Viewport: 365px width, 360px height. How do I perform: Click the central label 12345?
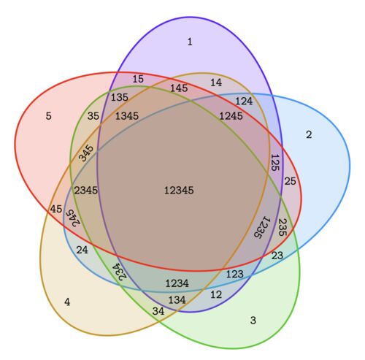(179, 190)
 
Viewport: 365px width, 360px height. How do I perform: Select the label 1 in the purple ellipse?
(190, 42)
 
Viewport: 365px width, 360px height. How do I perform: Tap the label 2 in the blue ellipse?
(309, 134)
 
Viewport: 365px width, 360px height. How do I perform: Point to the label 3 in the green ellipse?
(253, 320)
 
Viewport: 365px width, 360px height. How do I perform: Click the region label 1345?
(127, 116)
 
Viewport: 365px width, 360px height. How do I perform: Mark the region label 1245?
(231, 116)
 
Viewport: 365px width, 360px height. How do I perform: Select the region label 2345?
(86, 190)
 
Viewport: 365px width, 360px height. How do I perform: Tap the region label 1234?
(177, 283)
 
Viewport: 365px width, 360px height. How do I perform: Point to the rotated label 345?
(86, 153)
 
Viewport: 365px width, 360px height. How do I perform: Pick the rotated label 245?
(73, 218)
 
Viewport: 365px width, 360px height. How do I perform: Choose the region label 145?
(179, 88)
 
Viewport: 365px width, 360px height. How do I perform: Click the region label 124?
(244, 101)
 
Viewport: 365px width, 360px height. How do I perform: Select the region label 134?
(177, 299)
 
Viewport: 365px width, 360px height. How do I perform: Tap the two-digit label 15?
(138, 79)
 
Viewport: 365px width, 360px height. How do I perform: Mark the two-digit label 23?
(277, 256)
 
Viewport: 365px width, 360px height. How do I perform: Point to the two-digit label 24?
(82, 250)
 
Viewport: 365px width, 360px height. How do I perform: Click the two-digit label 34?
(158, 311)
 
